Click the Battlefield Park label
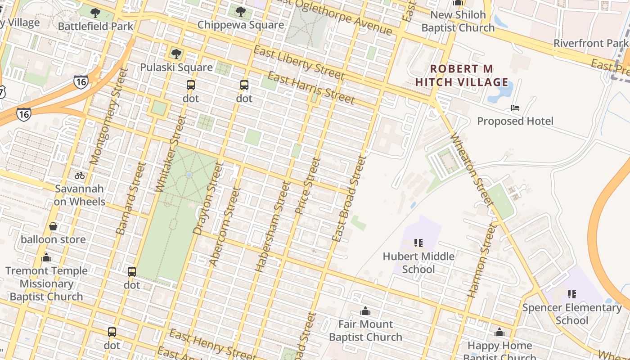coord(96,26)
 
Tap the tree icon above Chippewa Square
coord(241,12)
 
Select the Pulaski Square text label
coord(176,67)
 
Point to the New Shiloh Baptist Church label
coord(458,21)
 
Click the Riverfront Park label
coord(590,43)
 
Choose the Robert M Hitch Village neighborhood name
coord(462,76)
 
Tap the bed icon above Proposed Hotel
coord(515,108)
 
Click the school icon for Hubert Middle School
coord(418,243)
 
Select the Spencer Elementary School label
coord(571,314)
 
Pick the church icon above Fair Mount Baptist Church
coord(365,311)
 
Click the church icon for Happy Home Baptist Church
coord(499,333)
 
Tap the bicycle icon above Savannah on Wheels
coord(80,175)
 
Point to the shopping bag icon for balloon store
coord(53,226)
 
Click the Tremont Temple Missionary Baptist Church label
coord(46,283)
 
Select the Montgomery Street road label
coord(106,117)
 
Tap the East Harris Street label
coord(311,87)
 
